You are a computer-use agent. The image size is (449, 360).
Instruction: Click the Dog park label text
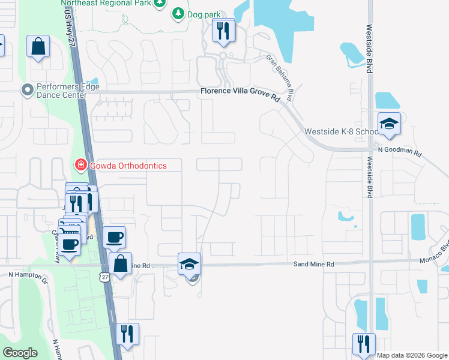[x=205, y=13]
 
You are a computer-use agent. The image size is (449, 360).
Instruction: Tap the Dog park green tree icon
[x=178, y=13]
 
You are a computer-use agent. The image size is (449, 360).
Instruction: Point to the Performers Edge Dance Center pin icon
[x=27, y=91]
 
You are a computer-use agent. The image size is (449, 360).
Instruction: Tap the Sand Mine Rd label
[x=313, y=264]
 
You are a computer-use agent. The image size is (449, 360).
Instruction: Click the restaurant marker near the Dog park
[x=224, y=31]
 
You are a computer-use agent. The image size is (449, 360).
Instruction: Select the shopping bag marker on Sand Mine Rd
[x=121, y=263]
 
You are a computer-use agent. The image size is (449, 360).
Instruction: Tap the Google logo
[x=20, y=353]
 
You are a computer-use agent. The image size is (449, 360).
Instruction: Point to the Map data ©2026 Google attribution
[x=412, y=355]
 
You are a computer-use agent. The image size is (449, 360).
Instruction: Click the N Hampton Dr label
[x=28, y=275]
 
